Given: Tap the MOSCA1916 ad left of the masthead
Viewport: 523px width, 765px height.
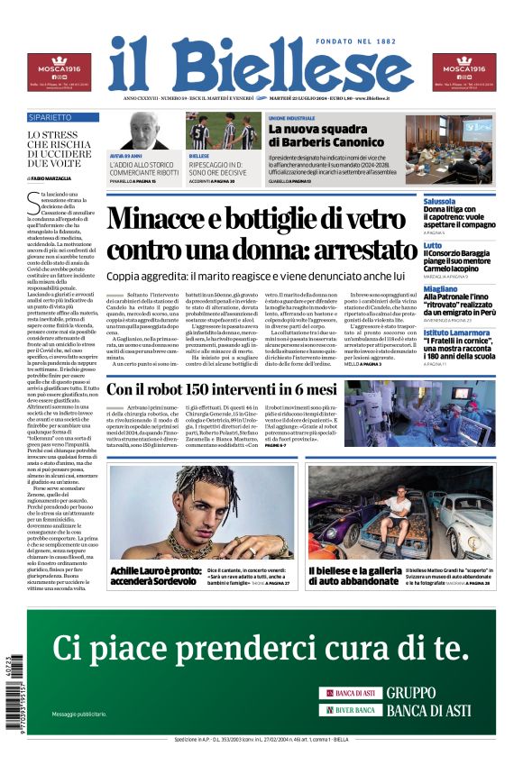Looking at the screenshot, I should click(x=58, y=72).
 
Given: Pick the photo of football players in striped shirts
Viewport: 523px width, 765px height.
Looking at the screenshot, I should click(x=223, y=132).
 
